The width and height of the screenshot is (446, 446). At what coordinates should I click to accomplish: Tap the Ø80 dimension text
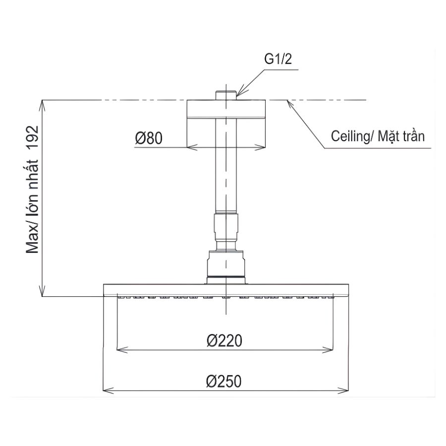coord(149,138)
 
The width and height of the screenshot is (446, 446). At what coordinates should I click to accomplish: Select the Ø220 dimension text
coord(224,341)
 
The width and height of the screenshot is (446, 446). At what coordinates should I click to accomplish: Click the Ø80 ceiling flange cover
coord(226,124)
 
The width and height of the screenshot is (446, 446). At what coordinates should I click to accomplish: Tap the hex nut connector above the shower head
coord(226,263)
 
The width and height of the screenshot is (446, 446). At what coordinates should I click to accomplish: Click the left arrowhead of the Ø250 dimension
coord(106,389)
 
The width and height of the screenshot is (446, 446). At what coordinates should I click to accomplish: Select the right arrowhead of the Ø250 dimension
coord(345,389)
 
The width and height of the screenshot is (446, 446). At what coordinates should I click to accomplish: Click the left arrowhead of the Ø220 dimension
coord(120,350)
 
